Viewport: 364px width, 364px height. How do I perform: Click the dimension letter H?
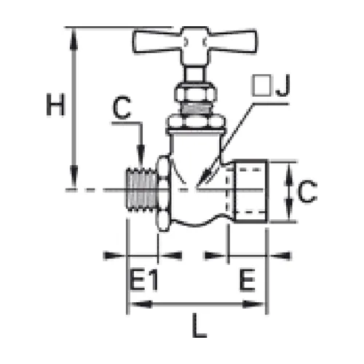[55, 105]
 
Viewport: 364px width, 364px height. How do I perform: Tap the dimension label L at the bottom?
[199, 325]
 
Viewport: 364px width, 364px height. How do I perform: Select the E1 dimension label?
[143, 280]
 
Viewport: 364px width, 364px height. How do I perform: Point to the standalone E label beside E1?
[248, 280]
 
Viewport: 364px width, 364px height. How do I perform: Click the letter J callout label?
[283, 85]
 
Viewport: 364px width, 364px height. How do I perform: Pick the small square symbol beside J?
[261, 85]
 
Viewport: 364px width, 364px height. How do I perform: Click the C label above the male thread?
[122, 108]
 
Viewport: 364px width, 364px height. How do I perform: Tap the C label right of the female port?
[307, 191]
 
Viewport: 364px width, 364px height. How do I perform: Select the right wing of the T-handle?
[232, 41]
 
